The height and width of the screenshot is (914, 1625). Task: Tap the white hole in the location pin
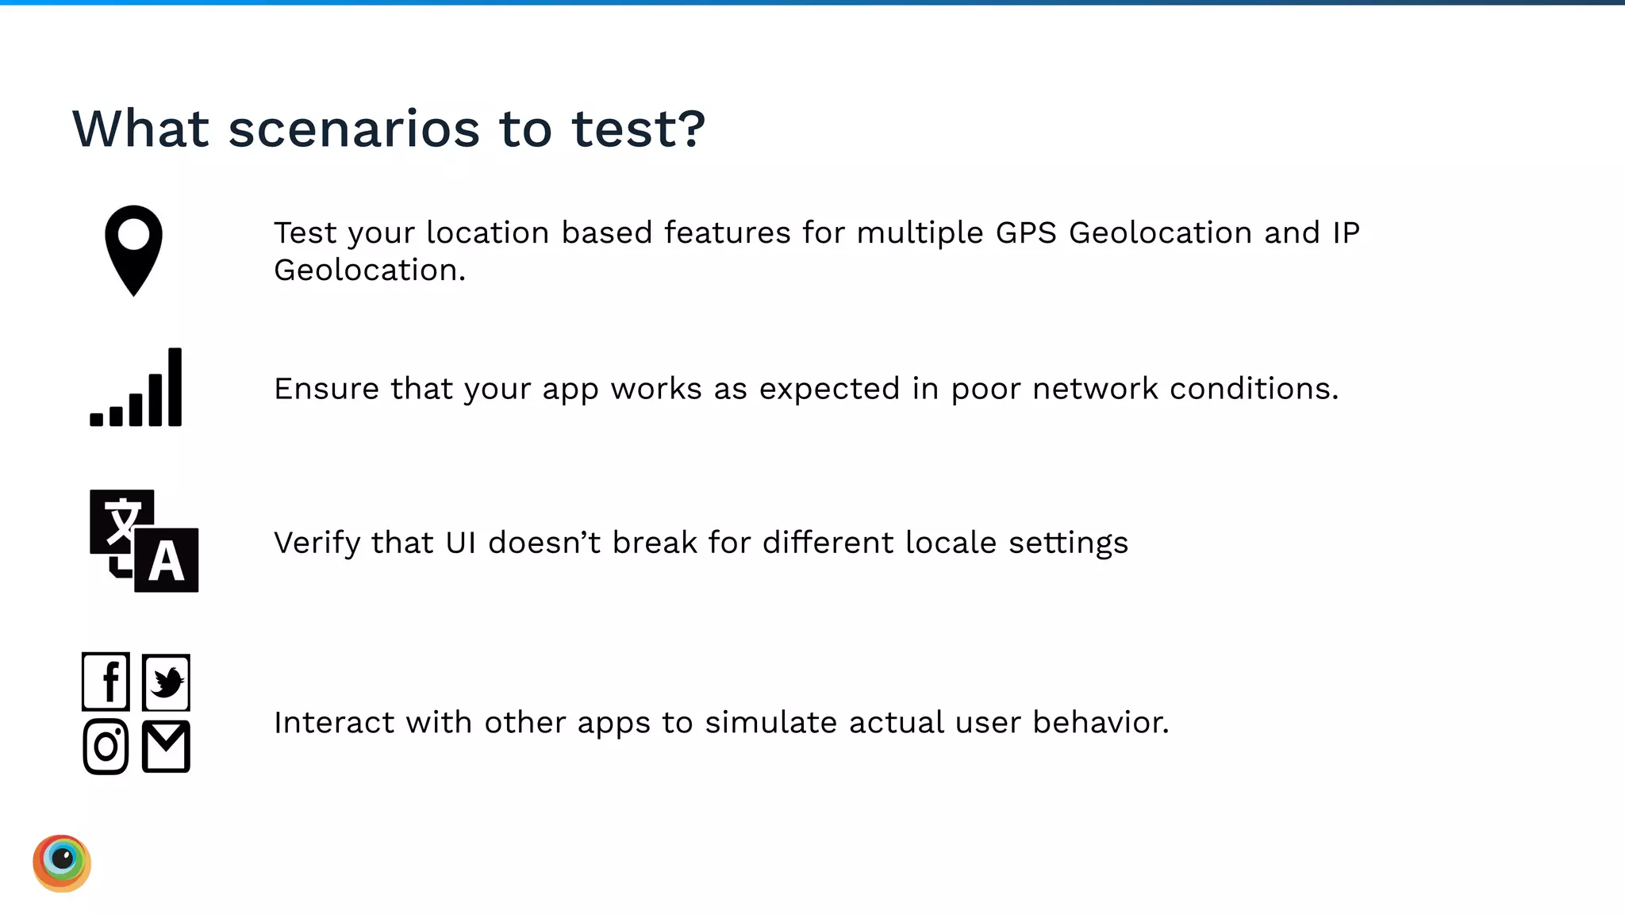click(x=133, y=234)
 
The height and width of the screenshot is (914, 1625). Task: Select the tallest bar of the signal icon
click(x=175, y=387)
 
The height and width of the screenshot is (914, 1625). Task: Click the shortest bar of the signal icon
click(x=97, y=419)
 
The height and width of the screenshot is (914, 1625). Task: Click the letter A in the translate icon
click(x=167, y=562)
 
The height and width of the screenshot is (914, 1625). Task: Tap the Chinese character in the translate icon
click(x=121, y=521)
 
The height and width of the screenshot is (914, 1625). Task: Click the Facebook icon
click(x=106, y=682)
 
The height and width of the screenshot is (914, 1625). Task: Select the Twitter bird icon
click(x=167, y=682)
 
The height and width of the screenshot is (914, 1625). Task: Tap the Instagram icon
click(x=106, y=747)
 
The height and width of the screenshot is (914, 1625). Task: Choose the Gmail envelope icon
click(x=167, y=747)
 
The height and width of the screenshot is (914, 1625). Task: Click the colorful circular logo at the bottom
click(x=62, y=863)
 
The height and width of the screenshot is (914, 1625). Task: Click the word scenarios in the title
click(x=354, y=129)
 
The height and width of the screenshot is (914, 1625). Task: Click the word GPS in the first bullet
click(x=1026, y=232)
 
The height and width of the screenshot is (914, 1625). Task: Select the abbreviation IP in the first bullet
click(x=1346, y=232)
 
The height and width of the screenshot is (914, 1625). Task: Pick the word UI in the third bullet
click(x=461, y=543)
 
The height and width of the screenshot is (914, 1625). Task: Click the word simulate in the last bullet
click(x=770, y=723)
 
